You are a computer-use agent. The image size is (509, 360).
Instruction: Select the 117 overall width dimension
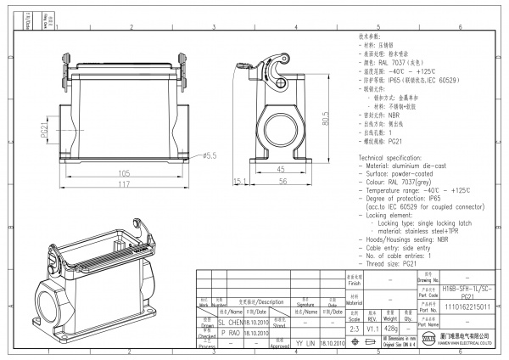[124, 184]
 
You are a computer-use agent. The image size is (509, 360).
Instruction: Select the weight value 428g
[390, 327]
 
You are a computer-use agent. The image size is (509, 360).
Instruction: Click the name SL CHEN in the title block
[230, 323]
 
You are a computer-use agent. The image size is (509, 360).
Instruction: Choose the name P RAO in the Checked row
[230, 333]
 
